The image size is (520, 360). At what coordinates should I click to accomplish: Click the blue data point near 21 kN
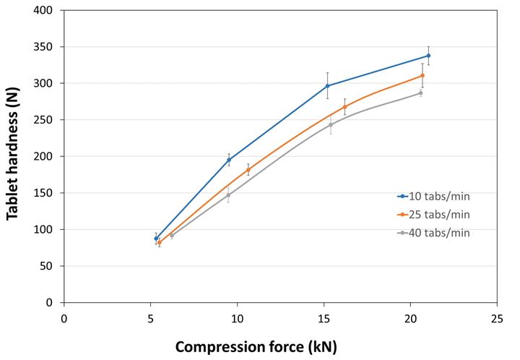(428, 56)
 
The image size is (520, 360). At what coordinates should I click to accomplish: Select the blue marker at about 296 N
(328, 86)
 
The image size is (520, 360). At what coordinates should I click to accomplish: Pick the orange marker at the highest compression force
(422, 75)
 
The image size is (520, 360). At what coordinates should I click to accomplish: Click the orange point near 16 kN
(344, 107)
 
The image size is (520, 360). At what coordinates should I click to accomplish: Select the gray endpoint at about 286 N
(420, 93)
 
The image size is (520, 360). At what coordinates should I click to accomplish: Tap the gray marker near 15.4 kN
(331, 124)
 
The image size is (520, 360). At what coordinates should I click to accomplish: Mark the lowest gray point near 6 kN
(171, 235)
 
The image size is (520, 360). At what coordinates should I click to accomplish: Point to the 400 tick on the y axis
(46, 11)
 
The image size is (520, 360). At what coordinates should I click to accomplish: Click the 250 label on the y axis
(46, 120)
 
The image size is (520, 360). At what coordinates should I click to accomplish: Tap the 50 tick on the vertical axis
(49, 266)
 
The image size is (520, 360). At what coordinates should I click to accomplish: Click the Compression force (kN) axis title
(256, 346)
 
